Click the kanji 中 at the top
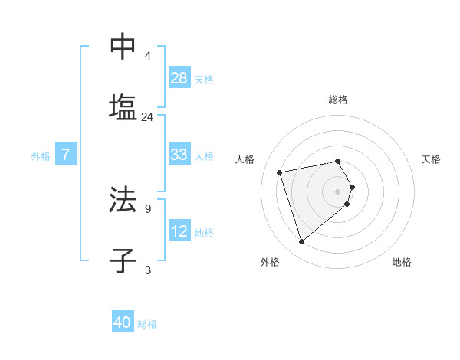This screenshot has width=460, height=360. [x=123, y=47]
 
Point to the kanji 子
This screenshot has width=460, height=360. [x=123, y=260]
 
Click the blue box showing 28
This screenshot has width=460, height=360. [x=179, y=78]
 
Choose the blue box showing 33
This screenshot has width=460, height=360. [x=179, y=155]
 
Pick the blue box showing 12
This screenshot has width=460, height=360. [x=179, y=231]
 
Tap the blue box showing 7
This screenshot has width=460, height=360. [x=66, y=155]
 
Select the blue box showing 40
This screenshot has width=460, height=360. [x=123, y=322]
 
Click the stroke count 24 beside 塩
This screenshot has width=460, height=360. [x=147, y=117]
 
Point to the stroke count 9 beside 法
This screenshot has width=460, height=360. [x=147, y=208]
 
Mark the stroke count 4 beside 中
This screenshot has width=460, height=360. [x=147, y=56]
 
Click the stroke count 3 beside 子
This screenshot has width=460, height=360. [x=147, y=270]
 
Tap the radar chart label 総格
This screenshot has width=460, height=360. [x=338, y=100]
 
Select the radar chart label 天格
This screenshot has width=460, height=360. [x=431, y=159]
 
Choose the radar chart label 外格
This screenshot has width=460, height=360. [x=270, y=262]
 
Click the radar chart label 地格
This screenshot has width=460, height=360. [x=402, y=262]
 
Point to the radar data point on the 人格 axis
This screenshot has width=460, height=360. [x=280, y=172]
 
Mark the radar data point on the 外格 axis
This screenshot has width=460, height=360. [x=301, y=241]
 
